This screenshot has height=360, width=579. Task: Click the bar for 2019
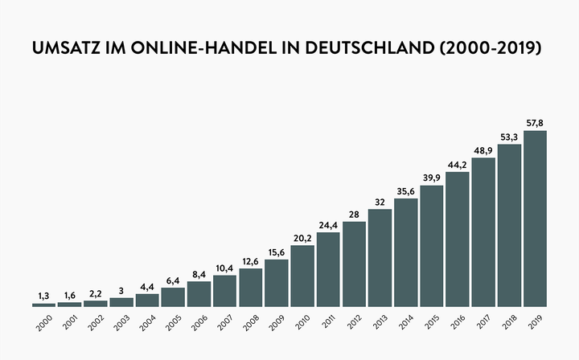point(535,219)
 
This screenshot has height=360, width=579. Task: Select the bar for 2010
point(302,276)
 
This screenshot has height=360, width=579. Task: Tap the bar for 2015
point(432,246)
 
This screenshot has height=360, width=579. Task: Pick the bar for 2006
point(199,293)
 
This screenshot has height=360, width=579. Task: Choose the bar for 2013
point(380,258)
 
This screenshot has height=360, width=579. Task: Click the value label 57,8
point(535,123)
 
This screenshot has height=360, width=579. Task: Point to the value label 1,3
point(43,297)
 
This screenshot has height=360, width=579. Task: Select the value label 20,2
point(302,238)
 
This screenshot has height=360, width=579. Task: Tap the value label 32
point(380,202)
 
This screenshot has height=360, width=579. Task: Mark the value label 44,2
point(458,165)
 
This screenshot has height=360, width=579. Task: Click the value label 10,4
point(224,268)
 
